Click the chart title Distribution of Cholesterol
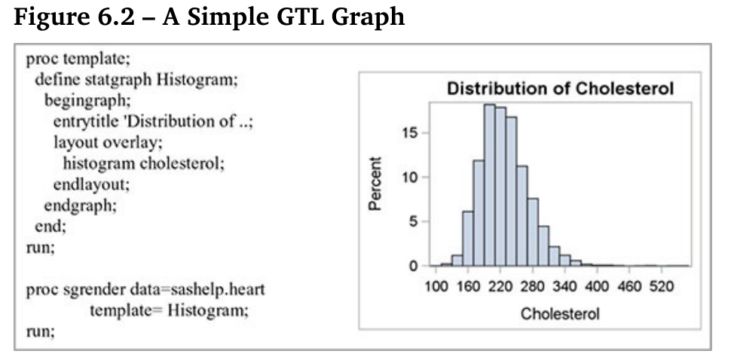(x=561, y=88)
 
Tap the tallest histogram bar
(x=489, y=185)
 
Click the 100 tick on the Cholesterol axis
(x=436, y=287)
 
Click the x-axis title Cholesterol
(x=560, y=313)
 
